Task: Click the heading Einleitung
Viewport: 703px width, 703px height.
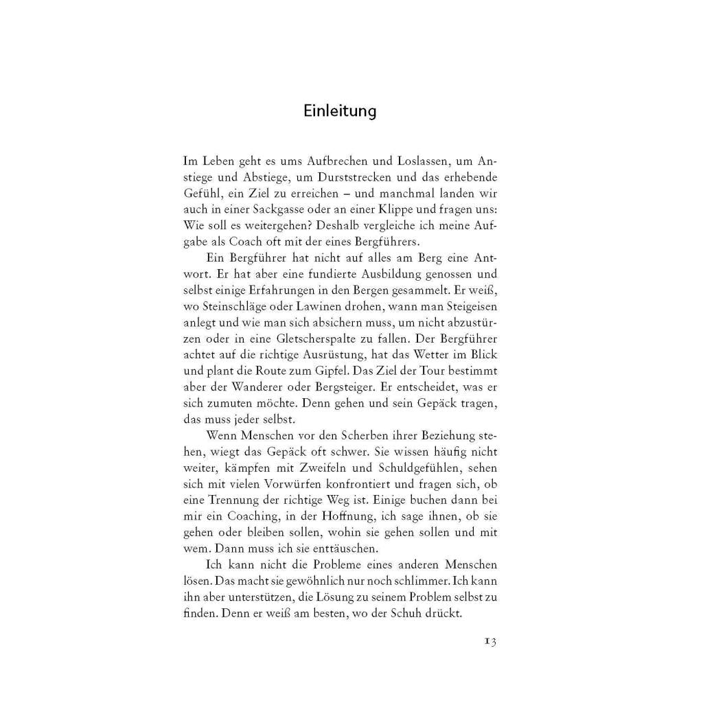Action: point(340,111)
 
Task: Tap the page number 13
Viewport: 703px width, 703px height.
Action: point(489,642)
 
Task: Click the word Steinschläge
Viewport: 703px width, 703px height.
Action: point(238,303)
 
